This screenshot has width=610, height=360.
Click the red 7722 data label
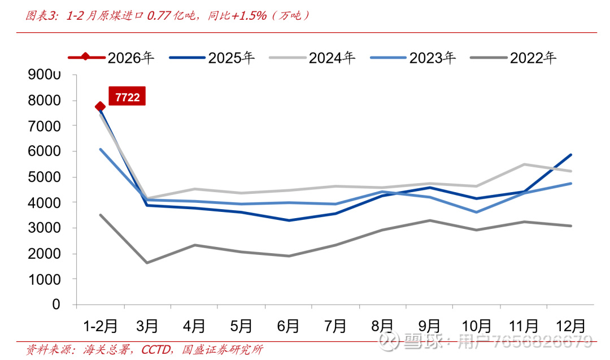coord(127,96)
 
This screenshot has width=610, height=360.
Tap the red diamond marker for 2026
coord(100,106)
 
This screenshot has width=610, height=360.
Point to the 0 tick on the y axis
coord(56,305)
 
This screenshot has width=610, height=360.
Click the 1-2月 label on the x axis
coord(101,326)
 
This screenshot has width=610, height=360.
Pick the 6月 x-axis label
coord(288,326)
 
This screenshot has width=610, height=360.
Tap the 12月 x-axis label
coord(570,326)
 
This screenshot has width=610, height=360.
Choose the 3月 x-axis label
coord(147,326)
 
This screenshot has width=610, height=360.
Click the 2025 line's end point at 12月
coord(571,155)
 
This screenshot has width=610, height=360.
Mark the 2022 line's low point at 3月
coord(147,263)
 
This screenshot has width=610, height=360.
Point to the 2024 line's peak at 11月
coord(524,164)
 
